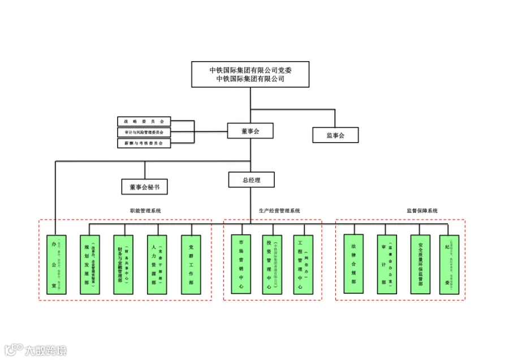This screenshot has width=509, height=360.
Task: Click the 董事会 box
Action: pyautogui.click(x=250, y=131)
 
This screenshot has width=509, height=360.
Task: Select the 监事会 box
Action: pyautogui.click(x=335, y=135)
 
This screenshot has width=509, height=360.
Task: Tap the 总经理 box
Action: pyautogui.click(x=251, y=180)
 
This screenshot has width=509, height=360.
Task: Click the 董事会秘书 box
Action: pyautogui.click(x=145, y=187)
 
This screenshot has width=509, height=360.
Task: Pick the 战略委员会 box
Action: pyautogui.click(x=144, y=121)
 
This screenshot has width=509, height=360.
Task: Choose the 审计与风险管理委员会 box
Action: pyautogui.click(x=144, y=132)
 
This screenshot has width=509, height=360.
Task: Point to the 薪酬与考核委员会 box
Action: pyautogui.click(x=144, y=144)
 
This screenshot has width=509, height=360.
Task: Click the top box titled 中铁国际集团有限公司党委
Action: pyautogui.click(x=251, y=74)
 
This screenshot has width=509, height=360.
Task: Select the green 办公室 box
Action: pyautogui.click(x=57, y=264)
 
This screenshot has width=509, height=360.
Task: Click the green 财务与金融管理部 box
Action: pyautogui.click(x=123, y=264)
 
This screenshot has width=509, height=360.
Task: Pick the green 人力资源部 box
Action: pyautogui.click(x=157, y=264)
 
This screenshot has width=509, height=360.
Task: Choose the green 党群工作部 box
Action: pyautogui.click(x=191, y=264)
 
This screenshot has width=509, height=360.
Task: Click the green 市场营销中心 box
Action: pyautogui.click(x=241, y=264)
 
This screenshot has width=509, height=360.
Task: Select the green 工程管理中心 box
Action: pyautogui.click(x=303, y=264)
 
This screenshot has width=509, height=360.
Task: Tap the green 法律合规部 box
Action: pyautogui.click(x=353, y=264)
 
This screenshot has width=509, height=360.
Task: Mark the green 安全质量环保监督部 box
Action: pyautogui.click(x=420, y=264)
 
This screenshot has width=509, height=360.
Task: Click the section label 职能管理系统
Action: pyautogui.click(x=145, y=211)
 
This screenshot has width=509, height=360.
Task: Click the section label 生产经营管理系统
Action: pyautogui.click(x=279, y=211)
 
